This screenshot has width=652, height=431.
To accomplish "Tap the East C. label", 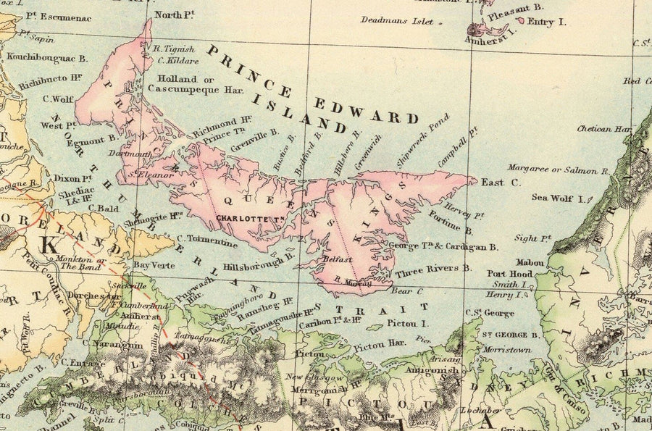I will click(501, 183).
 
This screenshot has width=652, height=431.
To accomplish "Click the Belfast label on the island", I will click(338, 259).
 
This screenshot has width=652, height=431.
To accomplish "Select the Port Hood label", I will click(510, 274).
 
